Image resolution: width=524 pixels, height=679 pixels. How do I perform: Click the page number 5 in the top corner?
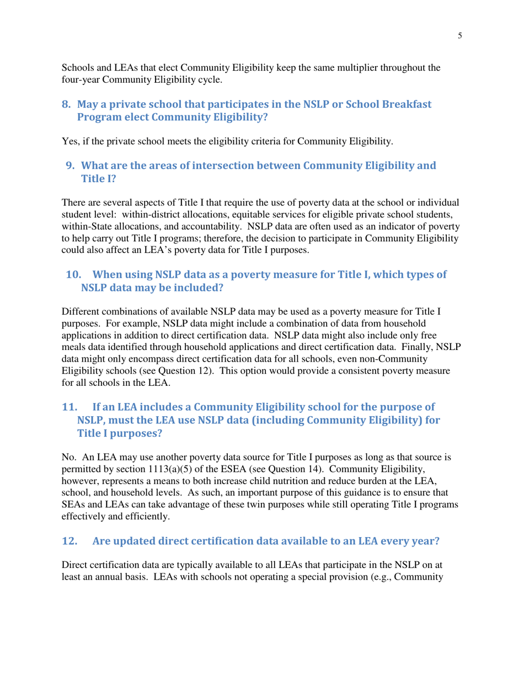[x=459, y=36]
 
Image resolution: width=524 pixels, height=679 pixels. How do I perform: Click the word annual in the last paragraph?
[x=116, y=590]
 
